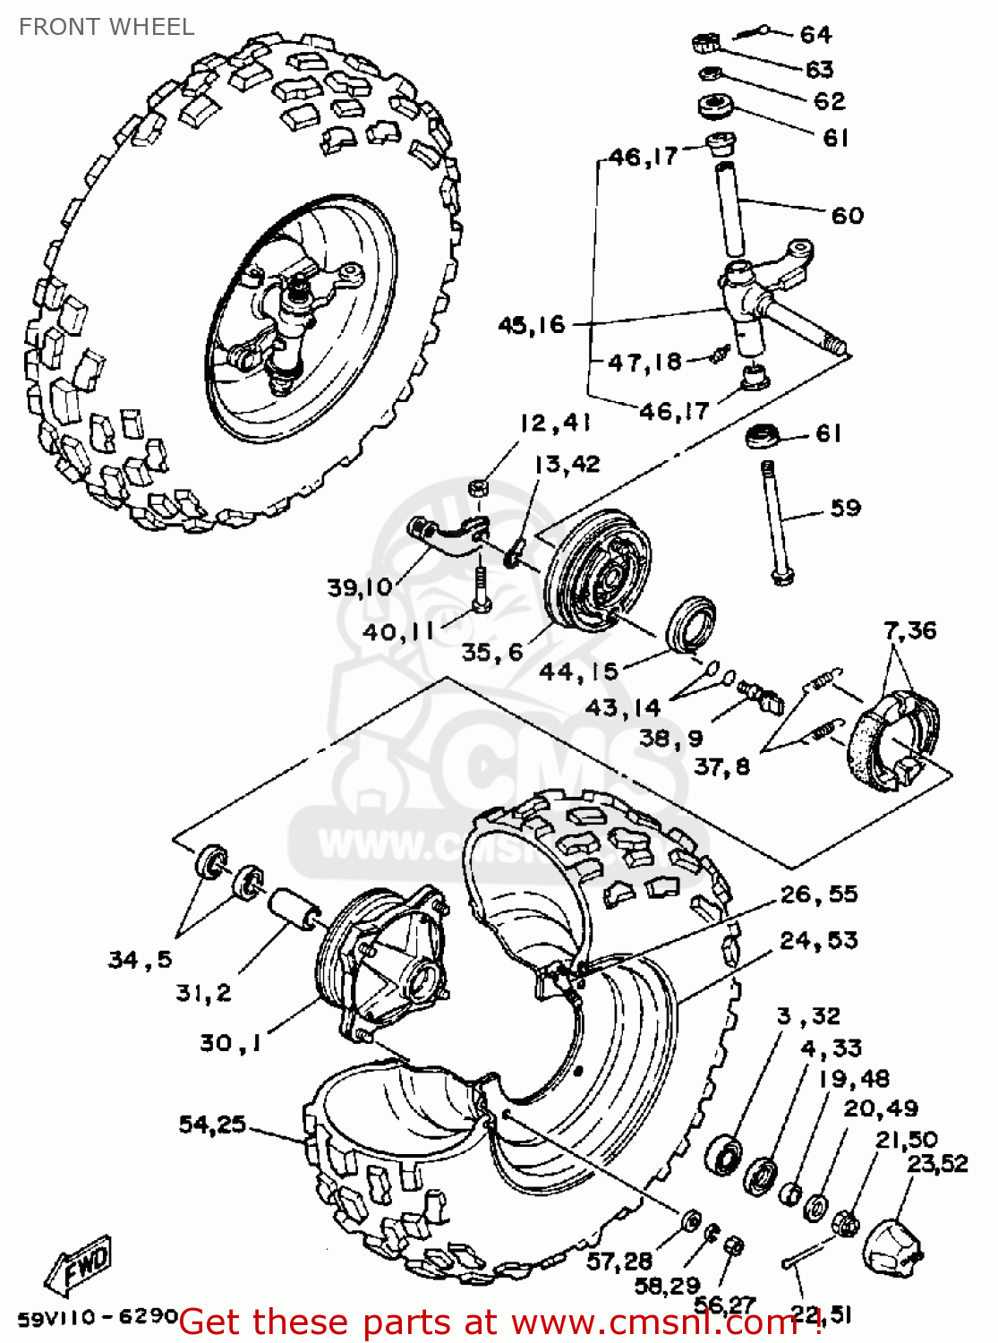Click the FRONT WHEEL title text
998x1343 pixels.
click(106, 27)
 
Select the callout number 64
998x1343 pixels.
click(815, 35)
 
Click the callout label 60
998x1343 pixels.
click(847, 216)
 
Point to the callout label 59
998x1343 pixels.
click(845, 509)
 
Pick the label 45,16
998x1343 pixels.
click(532, 325)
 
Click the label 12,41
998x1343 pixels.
click(555, 423)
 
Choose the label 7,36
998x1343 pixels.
click(910, 630)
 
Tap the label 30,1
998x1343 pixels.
click(230, 1043)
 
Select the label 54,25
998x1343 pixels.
click(212, 1125)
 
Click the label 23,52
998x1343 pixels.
click(937, 1164)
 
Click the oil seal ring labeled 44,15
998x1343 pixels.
click(690, 620)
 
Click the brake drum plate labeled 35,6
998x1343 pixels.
click(600, 569)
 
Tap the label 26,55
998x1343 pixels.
click(818, 894)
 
